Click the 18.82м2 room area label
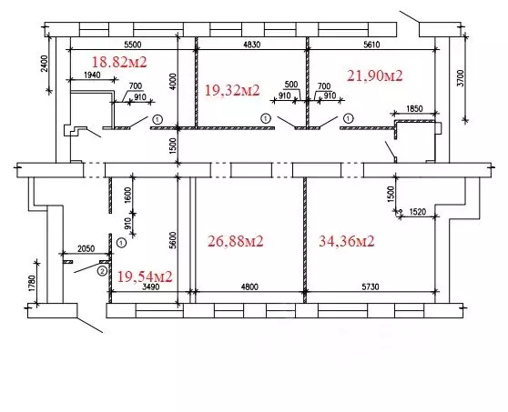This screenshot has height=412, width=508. [x=119, y=62]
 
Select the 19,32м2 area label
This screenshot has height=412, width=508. [x=232, y=90]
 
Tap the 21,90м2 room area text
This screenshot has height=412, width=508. [x=375, y=75]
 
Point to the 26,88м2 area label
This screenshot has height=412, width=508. [x=235, y=241]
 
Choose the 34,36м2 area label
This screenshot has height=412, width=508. [x=347, y=241]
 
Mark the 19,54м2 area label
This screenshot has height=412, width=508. [x=145, y=276]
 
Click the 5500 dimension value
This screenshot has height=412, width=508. [x=133, y=45]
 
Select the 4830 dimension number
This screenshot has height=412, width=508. [x=251, y=45]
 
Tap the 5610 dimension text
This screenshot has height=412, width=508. [x=371, y=45]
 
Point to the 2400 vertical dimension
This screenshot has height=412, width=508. [x=45, y=64]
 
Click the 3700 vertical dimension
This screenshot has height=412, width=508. [x=461, y=78]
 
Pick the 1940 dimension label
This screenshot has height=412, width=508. [x=92, y=75]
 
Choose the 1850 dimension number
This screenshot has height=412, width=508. [x=414, y=109]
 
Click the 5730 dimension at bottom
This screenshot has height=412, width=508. [x=371, y=286]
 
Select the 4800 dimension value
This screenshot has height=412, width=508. [x=249, y=286]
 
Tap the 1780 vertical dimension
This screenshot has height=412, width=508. [x=32, y=283]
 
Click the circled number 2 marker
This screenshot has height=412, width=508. [x=102, y=271]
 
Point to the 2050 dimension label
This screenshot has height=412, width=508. [x=86, y=248]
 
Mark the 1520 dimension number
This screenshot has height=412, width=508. [x=418, y=212]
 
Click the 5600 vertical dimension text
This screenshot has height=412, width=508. [x=173, y=240]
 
